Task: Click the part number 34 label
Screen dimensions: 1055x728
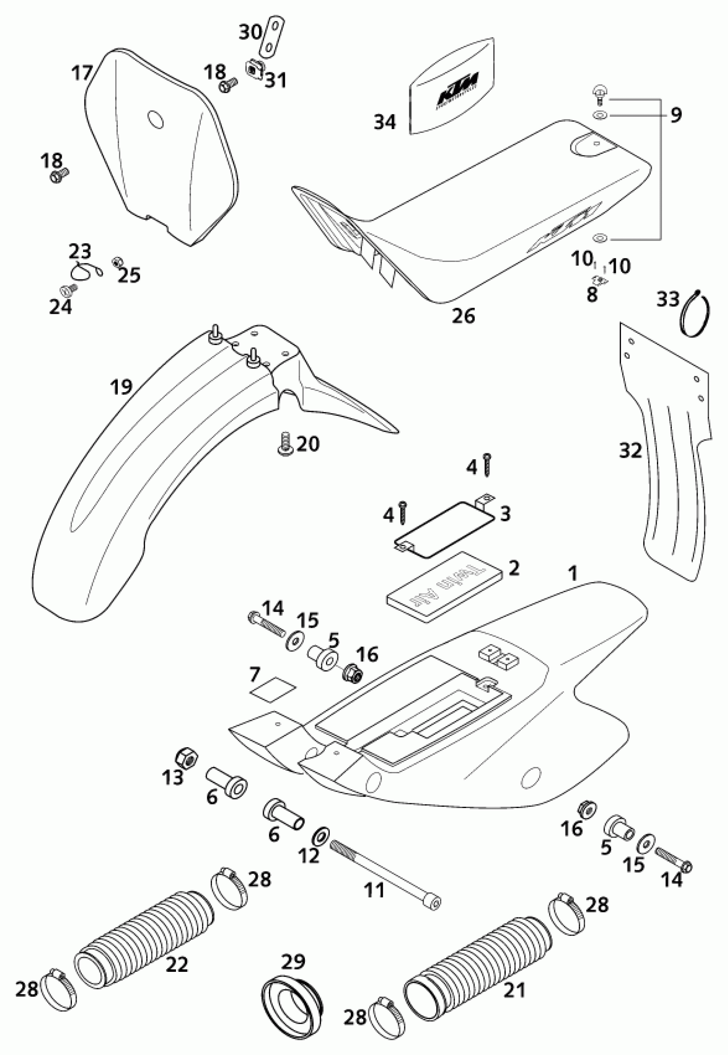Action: coord(385,122)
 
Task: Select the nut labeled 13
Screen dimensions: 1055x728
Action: coord(187,758)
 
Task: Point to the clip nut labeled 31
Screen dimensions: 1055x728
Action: coord(253,69)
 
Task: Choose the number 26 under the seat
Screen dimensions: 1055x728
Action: coord(463,316)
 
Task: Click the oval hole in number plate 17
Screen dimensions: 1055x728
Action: coord(156,120)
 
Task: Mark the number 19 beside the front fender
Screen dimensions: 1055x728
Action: coord(121,387)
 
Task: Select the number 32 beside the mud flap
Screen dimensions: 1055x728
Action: coord(630,451)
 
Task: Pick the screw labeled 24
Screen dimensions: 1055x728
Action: coord(68,290)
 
